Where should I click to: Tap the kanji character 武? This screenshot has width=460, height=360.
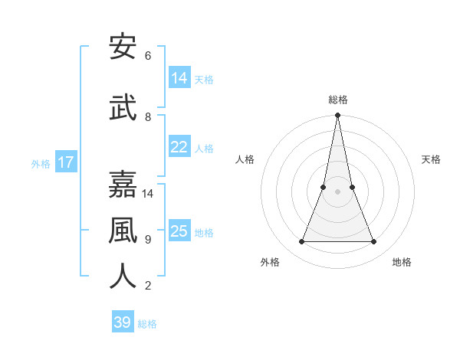point(123,108)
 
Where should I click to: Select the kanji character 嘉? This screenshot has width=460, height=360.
point(123,185)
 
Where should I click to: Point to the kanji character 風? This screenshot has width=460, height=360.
point(123,231)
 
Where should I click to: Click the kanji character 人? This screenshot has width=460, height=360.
point(123,277)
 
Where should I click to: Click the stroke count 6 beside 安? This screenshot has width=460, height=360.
point(148,56)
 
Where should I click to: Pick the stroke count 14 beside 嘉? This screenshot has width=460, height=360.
point(148,194)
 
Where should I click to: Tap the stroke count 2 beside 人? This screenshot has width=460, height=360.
point(148,286)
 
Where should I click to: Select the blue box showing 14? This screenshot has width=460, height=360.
point(179,78)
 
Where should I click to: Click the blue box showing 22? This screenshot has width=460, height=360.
point(179,147)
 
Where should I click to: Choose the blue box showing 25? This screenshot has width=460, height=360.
point(179,231)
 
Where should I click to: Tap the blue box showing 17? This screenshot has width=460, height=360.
point(66,162)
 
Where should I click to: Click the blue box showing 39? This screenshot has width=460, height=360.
point(123,322)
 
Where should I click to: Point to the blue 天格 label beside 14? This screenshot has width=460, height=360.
point(204,79)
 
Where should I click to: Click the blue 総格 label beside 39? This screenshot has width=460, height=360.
point(147,324)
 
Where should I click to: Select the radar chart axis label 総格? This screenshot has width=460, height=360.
point(337,100)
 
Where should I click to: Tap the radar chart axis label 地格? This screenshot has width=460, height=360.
point(402,262)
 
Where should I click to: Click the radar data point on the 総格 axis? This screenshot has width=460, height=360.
point(337,116)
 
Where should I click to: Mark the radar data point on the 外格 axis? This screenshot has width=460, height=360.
point(301,242)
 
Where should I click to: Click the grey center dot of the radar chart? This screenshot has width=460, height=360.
point(337,191)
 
